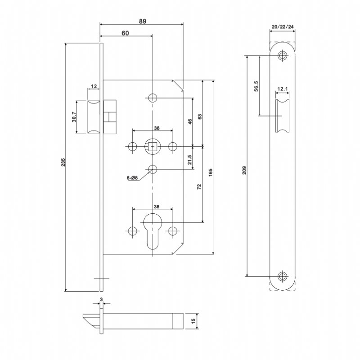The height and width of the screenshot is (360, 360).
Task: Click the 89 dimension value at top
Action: [142, 21]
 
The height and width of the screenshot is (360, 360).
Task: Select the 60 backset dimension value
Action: [125, 33]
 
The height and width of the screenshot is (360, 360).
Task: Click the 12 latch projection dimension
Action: [94, 86]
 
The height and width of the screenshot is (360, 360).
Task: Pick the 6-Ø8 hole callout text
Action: [132, 178]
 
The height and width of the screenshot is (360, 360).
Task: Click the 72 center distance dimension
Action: [199, 187]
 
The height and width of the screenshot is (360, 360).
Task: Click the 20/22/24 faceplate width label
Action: [283, 27]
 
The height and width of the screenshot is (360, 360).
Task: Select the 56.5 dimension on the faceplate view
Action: [256, 85]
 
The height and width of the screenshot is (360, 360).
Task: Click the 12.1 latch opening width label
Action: [282, 89]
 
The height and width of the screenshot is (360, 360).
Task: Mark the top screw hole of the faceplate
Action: [282, 56]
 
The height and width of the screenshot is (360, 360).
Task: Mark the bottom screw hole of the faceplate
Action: [282, 276]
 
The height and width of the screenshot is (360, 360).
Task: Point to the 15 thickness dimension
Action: [193, 320]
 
